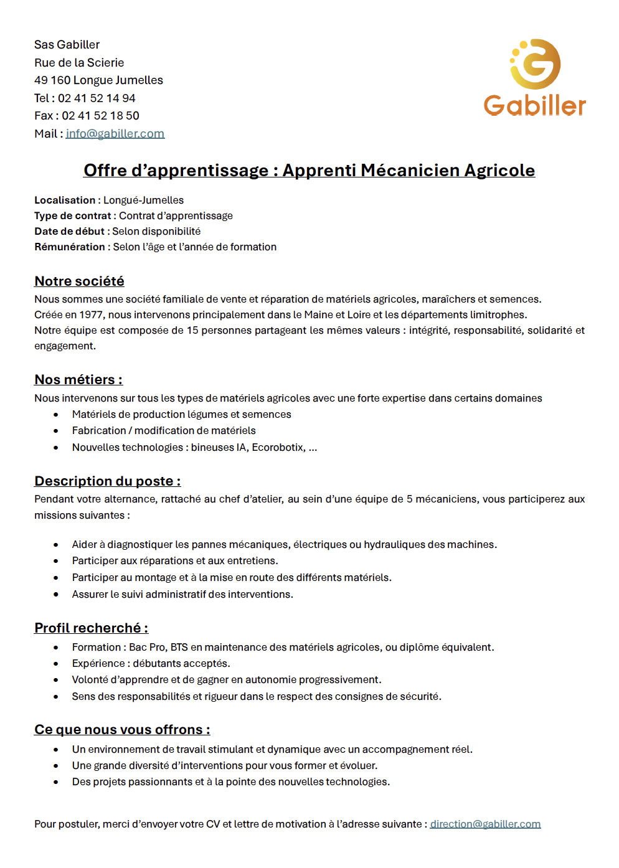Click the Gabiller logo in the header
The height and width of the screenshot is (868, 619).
pyautogui.click(x=535, y=78)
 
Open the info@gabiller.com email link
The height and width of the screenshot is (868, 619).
pyautogui.click(x=115, y=133)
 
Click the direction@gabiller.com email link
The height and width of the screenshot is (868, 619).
pyautogui.click(x=485, y=824)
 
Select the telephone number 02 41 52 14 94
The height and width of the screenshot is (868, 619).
pyautogui.click(x=97, y=98)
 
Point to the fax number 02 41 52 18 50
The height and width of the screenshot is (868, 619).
pyautogui.click(x=100, y=116)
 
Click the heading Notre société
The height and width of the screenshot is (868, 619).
pyautogui.click(x=79, y=281)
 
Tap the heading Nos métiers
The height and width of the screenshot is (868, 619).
pyautogui.click(x=78, y=379)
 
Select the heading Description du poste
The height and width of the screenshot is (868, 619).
pyautogui.click(x=107, y=481)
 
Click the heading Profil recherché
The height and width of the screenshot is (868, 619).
pyautogui.click(x=91, y=628)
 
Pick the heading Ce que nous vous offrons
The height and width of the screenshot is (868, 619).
pyautogui.click(x=122, y=729)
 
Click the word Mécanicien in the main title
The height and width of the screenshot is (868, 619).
pyautogui.click(x=410, y=170)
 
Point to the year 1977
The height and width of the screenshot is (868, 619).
pyautogui.click(x=92, y=314)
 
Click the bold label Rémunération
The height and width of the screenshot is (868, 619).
pyautogui.click(x=70, y=247)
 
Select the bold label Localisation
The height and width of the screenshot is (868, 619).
pyautogui.click(x=65, y=200)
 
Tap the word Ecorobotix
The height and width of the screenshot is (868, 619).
pyautogui.click(x=278, y=447)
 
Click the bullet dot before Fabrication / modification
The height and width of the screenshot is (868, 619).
pyautogui.click(x=56, y=431)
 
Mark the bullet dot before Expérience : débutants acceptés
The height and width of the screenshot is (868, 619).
pyautogui.click(x=56, y=664)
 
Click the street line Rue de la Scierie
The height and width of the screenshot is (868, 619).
pyautogui.click(x=79, y=62)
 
